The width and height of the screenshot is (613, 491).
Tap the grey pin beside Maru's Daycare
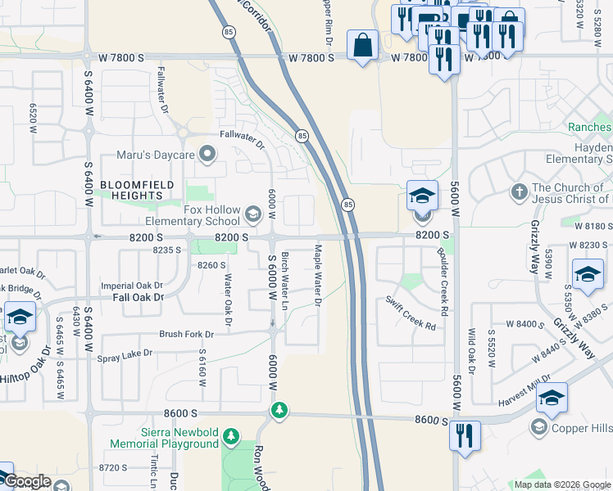point(208,153)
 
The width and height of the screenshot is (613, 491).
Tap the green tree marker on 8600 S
point(280,409)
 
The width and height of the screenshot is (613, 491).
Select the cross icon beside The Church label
point(519,192)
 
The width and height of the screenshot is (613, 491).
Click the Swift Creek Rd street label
point(411,313)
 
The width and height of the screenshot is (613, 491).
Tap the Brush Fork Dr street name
point(186,334)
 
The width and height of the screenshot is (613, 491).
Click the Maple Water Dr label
point(317,275)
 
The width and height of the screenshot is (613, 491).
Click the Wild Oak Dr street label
point(472,348)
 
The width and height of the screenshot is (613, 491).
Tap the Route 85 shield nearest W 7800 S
point(227,31)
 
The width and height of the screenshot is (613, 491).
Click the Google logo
point(27,482)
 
